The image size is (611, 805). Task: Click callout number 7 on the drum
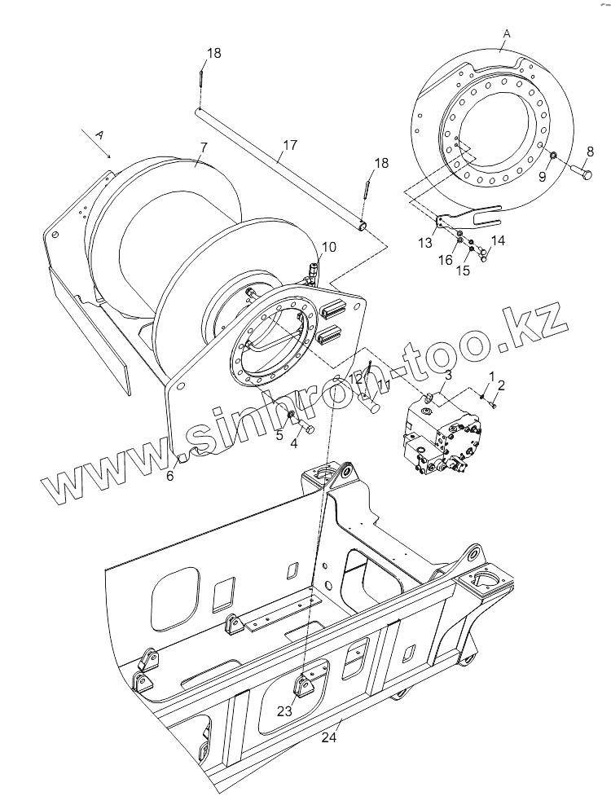(204, 147)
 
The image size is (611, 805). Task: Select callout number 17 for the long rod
(288, 147)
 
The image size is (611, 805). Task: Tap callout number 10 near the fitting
(328, 247)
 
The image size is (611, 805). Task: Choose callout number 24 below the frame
(328, 738)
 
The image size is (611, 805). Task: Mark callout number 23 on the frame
(284, 710)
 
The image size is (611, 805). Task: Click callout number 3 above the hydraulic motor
(448, 375)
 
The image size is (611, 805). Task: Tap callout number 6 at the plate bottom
(170, 476)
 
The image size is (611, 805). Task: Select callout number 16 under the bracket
(445, 260)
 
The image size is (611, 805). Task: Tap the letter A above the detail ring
(507, 33)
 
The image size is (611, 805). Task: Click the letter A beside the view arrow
(99, 133)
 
